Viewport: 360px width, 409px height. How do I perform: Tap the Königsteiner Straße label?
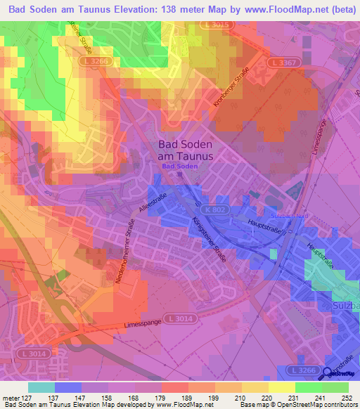209,240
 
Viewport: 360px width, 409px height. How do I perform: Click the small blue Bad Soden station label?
180,167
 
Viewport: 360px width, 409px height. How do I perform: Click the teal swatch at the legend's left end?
41,387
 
